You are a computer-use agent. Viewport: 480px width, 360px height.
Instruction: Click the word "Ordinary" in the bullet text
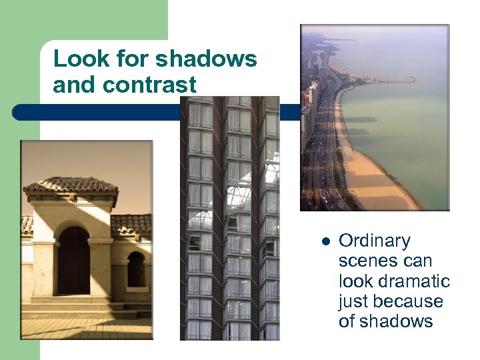[x=374, y=241]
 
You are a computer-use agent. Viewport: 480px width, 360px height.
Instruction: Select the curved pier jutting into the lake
[x=390, y=80]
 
